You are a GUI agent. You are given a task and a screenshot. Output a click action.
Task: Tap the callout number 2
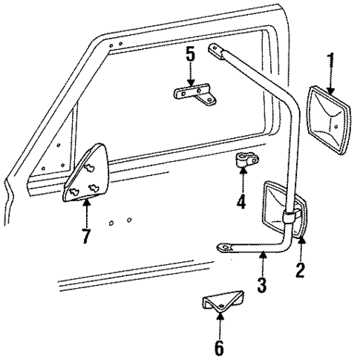point(300,269)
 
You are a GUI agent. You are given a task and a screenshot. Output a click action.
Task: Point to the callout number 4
point(240,201)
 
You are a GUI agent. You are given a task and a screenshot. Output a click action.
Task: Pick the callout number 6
point(219,347)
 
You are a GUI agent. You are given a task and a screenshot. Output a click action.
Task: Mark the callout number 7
point(86,238)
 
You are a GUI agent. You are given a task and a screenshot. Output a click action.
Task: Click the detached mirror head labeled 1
point(326,130)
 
